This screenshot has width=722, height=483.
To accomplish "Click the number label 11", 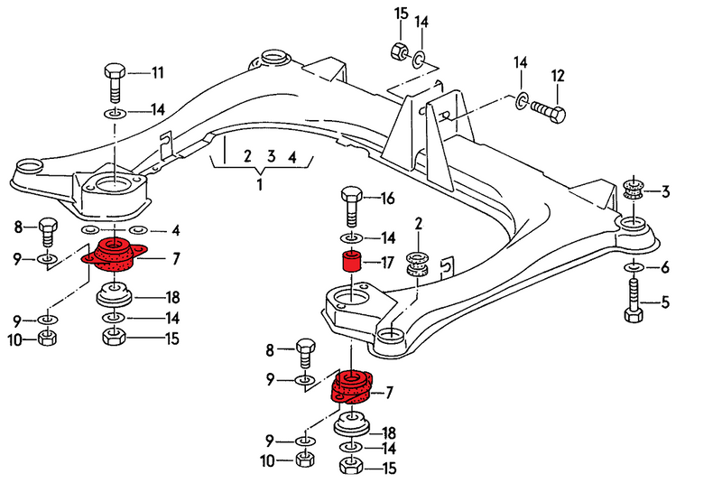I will (x=157, y=72).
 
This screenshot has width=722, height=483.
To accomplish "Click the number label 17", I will (x=387, y=265).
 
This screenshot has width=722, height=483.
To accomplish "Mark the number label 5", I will (x=665, y=302).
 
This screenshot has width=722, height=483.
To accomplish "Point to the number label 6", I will (x=665, y=267).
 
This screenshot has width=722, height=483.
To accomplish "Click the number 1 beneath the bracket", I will (x=260, y=185).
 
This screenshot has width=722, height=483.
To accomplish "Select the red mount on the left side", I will (x=114, y=256).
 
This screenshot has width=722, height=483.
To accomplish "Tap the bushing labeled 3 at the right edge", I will (x=634, y=190).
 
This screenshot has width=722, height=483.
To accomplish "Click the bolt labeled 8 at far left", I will (x=47, y=231).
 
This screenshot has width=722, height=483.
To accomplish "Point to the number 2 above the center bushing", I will (x=419, y=223).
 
